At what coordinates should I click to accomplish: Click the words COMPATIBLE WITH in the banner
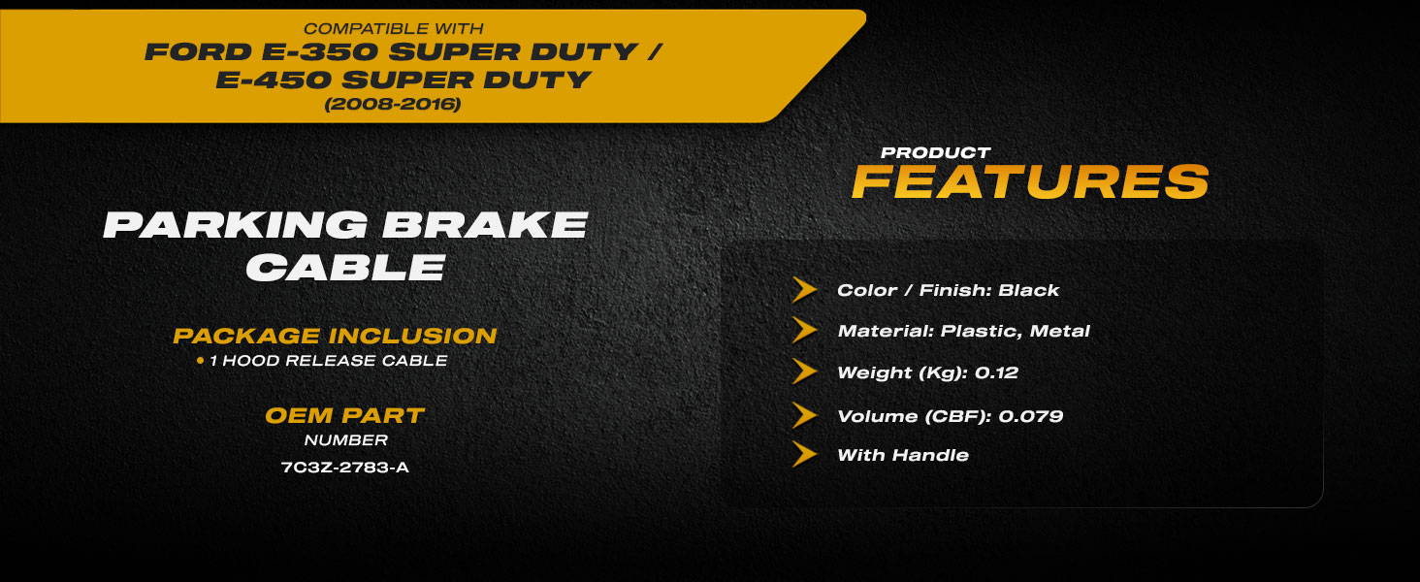(393, 28)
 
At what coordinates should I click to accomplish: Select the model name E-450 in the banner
(274, 81)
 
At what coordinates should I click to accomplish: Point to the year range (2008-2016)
(393, 104)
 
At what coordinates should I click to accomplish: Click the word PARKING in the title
(235, 225)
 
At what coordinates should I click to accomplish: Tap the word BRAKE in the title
(485, 225)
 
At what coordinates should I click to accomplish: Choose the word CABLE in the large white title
(346, 267)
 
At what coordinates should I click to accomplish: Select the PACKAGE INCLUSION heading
(335, 336)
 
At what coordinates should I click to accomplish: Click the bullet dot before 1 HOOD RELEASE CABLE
(201, 361)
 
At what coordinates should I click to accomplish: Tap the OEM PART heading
(345, 416)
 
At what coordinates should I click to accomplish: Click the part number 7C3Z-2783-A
(345, 468)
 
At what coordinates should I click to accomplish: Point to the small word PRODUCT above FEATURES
(936, 153)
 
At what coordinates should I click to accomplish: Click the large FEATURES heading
(1031, 182)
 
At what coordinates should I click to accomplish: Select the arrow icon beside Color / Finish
(804, 290)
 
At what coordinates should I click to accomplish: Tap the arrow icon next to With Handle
(804, 455)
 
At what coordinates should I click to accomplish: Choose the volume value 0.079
(1031, 416)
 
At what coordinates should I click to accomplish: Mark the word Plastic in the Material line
(981, 331)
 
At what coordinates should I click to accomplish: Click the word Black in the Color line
(1028, 290)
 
